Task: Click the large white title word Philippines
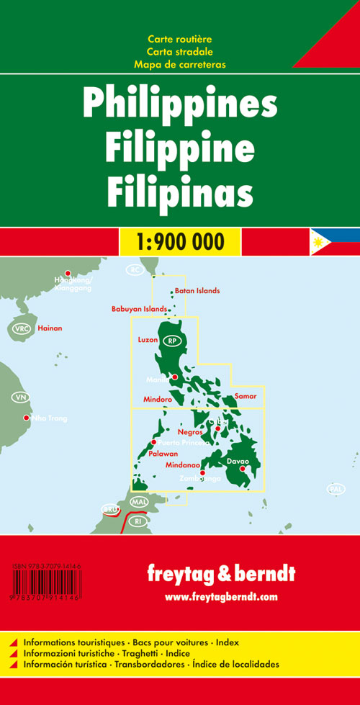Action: (x=179, y=105)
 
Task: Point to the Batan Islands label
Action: (x=197, y=291)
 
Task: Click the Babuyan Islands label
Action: (x=139, y=309)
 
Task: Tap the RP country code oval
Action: (x=171, y=341)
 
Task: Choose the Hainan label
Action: (x=50, y=328)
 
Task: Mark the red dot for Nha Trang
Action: (x=27, y=418)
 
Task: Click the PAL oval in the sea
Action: (x=336, y=489)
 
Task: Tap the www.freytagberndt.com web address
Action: (x=220, y=597)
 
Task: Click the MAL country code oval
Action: (x=139, y=501)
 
